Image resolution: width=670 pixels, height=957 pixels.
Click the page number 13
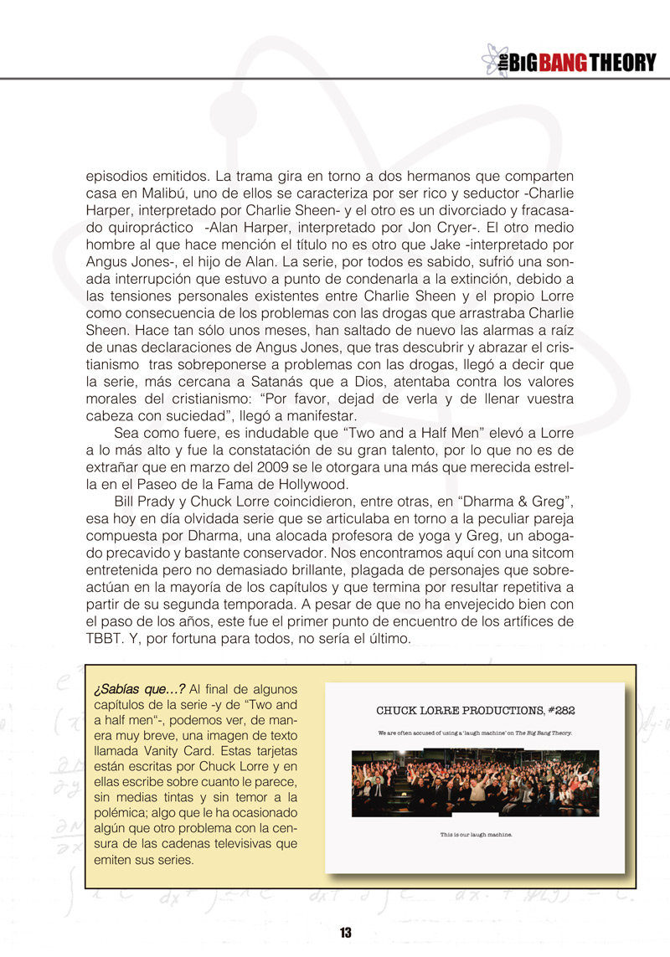[345, 933]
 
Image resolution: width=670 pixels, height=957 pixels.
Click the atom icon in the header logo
[492, 61]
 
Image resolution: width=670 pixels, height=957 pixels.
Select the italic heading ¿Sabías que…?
[139, 689]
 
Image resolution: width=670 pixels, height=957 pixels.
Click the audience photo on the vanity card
[475, 783]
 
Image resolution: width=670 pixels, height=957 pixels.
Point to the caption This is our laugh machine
[475, 834]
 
